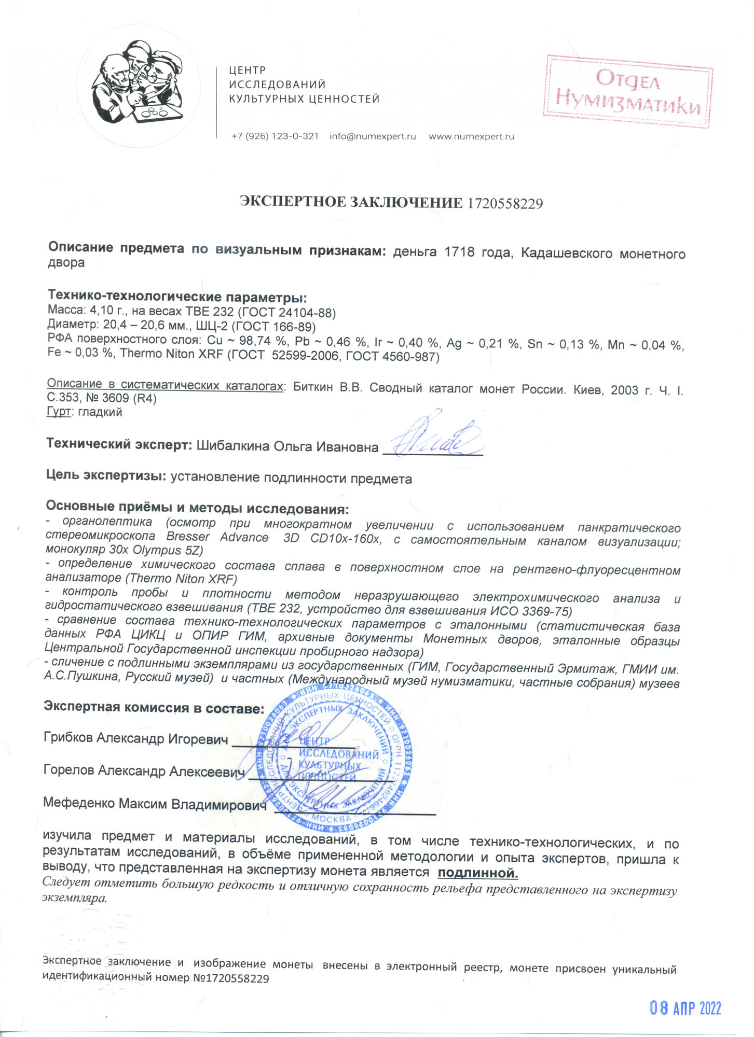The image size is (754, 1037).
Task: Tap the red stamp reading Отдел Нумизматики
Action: tap(628, 91)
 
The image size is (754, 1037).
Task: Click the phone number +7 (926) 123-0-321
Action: tap(275, 136)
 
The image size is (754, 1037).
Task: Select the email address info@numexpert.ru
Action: tap(373, 136)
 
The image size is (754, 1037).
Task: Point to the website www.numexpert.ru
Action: tap(471, 136)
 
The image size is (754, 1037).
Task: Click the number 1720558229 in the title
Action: tap(505, 203)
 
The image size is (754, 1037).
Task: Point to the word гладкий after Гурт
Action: tap(100, 412)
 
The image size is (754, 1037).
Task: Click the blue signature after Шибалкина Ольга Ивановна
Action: tap(436, 438)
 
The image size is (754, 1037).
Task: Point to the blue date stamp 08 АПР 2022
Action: tap(685, 1008)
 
